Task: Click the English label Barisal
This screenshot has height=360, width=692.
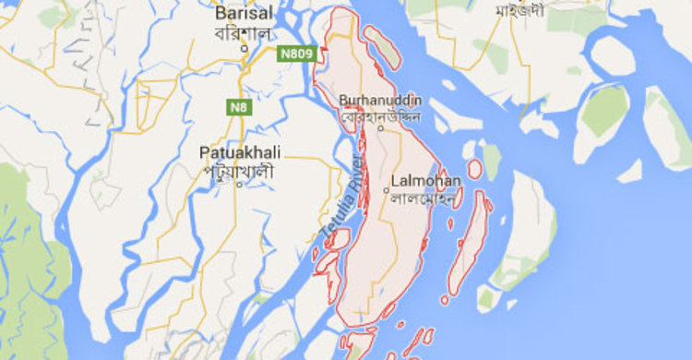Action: (x=245, y=14)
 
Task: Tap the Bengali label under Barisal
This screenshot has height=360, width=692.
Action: (x=245, y=32)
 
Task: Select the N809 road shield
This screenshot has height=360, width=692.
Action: (x=296, y=54)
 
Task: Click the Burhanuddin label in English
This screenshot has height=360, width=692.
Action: (x=380, y=100)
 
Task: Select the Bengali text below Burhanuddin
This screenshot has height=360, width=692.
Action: (x=380, y=117)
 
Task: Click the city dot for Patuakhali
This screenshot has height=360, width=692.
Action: (x=239, y=184)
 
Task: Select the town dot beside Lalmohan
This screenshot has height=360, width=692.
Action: (x=386, y=190)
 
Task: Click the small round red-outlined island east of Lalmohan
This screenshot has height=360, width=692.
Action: (x=474, y=169)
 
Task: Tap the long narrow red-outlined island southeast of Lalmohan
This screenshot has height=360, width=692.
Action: (x=468, y=245)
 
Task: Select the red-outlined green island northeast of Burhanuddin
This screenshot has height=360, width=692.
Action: (x=383, y=47)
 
